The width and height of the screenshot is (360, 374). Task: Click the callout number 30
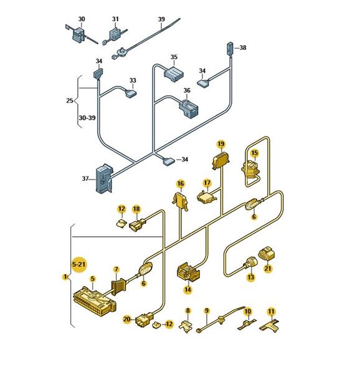coord(82,19)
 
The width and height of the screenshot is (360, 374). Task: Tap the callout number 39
coord(161,19)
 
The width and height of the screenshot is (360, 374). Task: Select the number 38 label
coord(243,48)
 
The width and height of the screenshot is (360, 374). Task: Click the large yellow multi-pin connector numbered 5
coord(95,301)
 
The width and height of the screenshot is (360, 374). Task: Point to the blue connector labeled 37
coord(104,178)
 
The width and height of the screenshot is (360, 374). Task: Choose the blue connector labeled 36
coord(189,108)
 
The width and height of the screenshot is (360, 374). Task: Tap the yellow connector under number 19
coord(221,161)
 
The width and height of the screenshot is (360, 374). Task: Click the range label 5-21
coord(79,264)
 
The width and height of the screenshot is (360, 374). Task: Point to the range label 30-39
coord(87,118)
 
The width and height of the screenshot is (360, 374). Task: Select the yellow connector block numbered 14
coord(188,272)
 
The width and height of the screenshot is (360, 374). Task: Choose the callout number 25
coord(70,100)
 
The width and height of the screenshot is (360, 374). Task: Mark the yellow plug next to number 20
coord(144,319)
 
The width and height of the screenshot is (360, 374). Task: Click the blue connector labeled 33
coord(131,93)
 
